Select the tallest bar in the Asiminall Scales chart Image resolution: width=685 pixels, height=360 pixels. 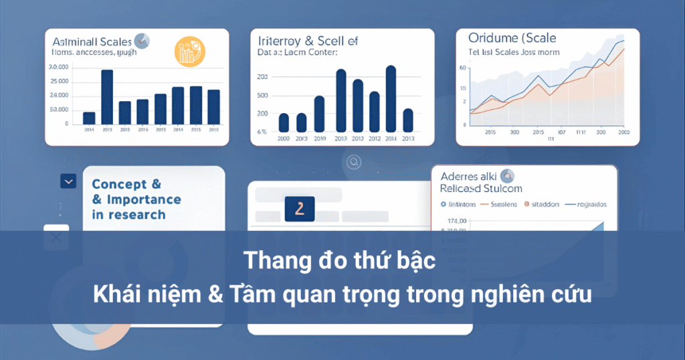107,97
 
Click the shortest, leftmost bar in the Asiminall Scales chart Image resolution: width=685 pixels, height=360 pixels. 89,118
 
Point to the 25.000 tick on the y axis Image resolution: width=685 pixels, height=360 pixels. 60,82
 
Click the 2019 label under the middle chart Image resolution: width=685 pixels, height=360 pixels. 319,139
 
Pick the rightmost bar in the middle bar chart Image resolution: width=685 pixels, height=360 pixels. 408,120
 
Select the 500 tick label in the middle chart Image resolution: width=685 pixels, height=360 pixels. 262,95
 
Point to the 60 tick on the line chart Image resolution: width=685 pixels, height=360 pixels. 462,68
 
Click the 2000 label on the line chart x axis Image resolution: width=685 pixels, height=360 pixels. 623,132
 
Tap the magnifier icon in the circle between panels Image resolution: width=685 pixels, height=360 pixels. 354,161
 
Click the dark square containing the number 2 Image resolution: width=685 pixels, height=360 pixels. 299,209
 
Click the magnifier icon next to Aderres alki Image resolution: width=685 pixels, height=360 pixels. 507,177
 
